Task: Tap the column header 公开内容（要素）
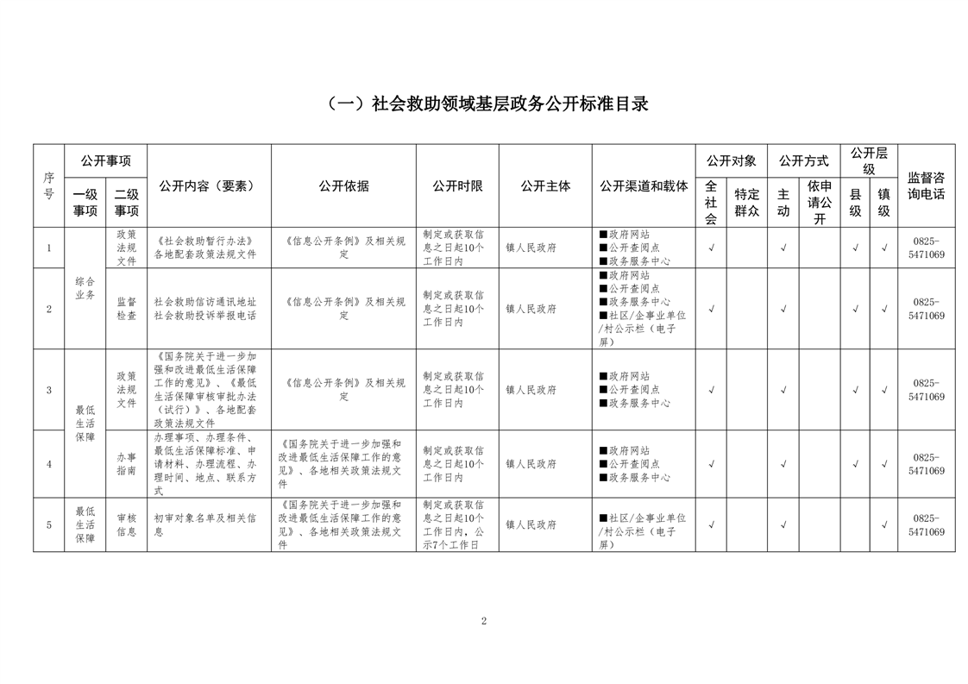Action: [209, 186]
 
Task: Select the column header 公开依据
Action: [343, 186]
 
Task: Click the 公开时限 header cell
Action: [457, 186]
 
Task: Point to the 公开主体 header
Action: [545, 186]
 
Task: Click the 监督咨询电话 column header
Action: [926, 186]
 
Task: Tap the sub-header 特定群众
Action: [746, 203]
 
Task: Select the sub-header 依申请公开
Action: [820, 203]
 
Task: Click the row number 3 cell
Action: [49, 390]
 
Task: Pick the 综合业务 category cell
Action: [85, 288]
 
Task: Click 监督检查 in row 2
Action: [126, 309]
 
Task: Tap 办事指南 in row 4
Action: [126, 464]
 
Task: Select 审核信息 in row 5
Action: [126, 524]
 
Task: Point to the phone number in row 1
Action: [926, 248]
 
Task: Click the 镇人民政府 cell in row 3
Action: [531, 390]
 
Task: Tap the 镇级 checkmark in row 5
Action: [883, 524]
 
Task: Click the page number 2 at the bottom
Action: [484, 621]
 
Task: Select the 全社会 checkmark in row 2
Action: [711, 309]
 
